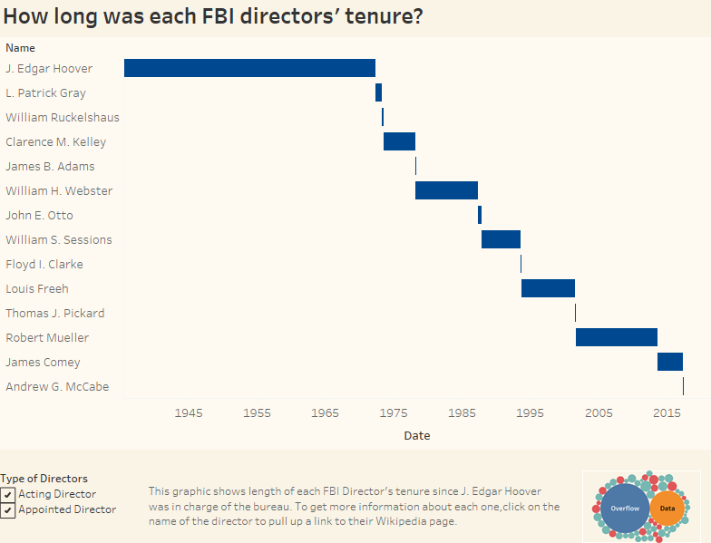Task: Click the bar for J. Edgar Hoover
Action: point(249,68)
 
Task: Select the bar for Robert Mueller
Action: point(616,337)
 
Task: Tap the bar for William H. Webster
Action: point(446,190)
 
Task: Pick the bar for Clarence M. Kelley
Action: point(399,141)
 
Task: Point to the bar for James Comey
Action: point(670,362)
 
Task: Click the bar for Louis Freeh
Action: point(548,288)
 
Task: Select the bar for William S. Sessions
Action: point(501,239)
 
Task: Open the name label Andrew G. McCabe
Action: point(57,387)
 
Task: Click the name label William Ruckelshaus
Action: point(62,118)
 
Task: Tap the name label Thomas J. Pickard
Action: point(54,314)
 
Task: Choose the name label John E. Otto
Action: point(39,216)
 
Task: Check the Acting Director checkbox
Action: point(8,494)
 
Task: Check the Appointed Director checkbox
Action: point(8,510)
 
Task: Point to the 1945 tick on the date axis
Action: point(189,413)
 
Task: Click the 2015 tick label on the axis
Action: point(667,413)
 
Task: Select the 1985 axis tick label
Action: point(462,413)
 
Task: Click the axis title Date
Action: point(417,436)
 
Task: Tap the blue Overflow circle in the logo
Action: point(625,509)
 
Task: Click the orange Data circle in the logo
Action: point(667,509)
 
